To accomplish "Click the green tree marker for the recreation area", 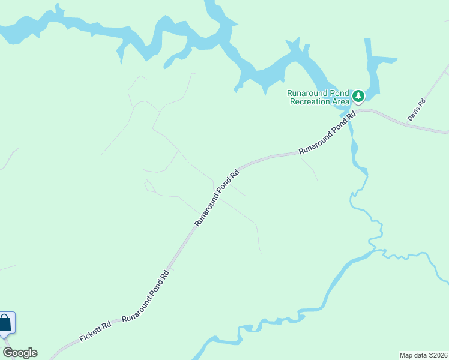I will click(x=358, y=95).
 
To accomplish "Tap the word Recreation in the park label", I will click(x=310, y=101).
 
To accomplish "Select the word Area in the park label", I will click(x=340, y=101).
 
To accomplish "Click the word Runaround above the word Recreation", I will click(x=307, y=93).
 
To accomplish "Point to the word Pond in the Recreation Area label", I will click(x=338, y=93).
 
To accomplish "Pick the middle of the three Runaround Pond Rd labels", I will click(x=217, y=197).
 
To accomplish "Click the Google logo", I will click(x=20, y=353).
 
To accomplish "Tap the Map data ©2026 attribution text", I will click(x=424, y=355).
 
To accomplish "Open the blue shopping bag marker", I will click(x=5, y=324).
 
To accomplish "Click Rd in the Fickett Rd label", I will click(x=106, y=326).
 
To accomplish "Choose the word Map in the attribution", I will click(x=406, y=355).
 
